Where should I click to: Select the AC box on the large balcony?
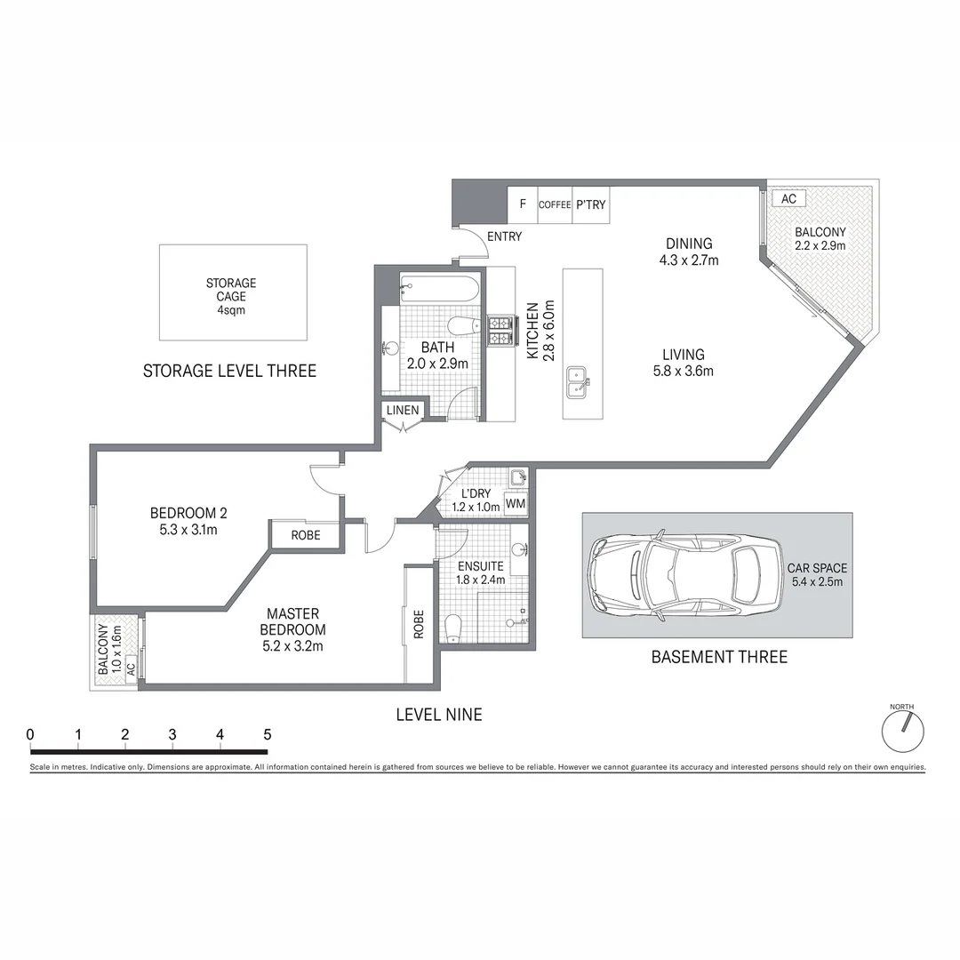pos(788,199)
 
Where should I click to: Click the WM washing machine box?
pos(516,504)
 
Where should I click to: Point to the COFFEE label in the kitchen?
pos(555,204)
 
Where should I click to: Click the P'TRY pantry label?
pos(590,204)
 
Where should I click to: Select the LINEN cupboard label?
pos(403,410)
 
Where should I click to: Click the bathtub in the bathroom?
pos(440,289)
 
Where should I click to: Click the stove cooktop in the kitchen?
pos(499,331)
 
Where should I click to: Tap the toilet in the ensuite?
pos(454,627)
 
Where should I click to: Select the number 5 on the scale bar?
pos(266,735)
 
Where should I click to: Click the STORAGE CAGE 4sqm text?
pos(231,297)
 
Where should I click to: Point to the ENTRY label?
pos(504,236)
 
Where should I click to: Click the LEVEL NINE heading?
pos(439,714)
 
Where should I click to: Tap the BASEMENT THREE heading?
pos(719,657)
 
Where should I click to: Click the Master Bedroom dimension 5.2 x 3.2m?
pos(292,646)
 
